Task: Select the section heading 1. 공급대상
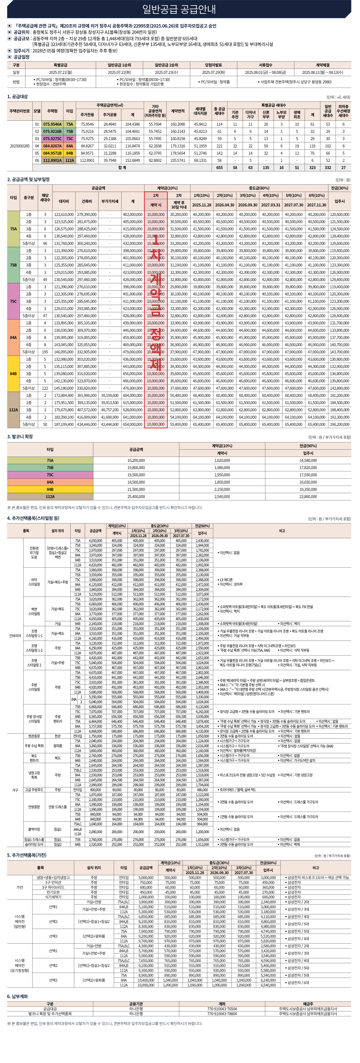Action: (x=17, y=97)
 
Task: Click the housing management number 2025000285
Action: (x=20, y=146)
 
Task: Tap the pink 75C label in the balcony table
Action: (x=50, y=475)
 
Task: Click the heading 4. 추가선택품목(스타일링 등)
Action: (x=33, y=518)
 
